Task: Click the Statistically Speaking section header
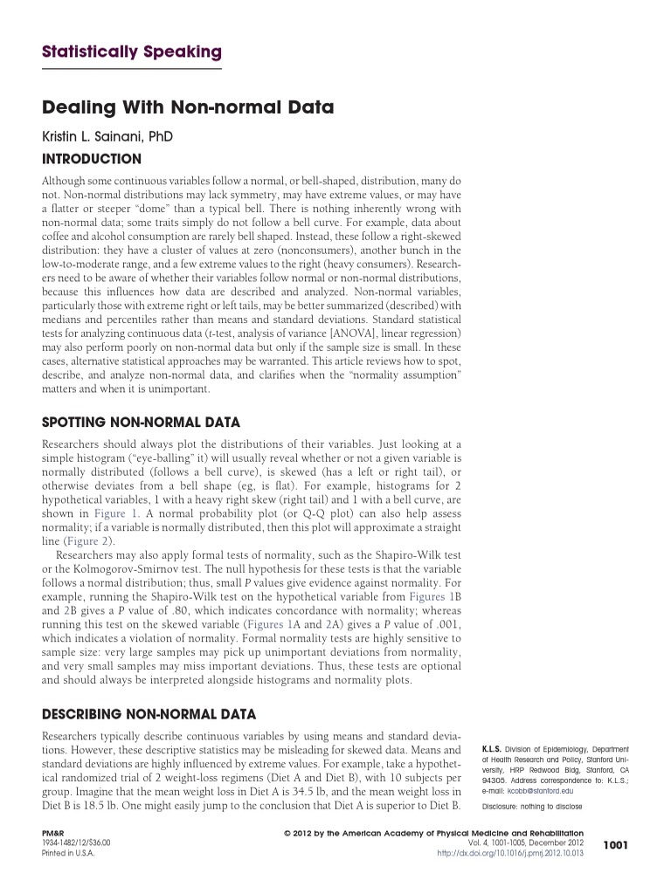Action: pyautogui.click(x=132, y=52)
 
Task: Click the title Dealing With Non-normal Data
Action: pyautogui.click(x=188, y=109)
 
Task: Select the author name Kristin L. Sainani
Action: pyautogui.click(x=107, y=138)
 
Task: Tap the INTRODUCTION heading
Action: pyautogui.click(x=92, y=159)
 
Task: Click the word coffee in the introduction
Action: pyautogui.click(x=57, y=236)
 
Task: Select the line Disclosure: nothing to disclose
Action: pyautogui.click(x=532, y=806)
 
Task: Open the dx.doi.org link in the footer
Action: pyautogui.click(x=509, y=852)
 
